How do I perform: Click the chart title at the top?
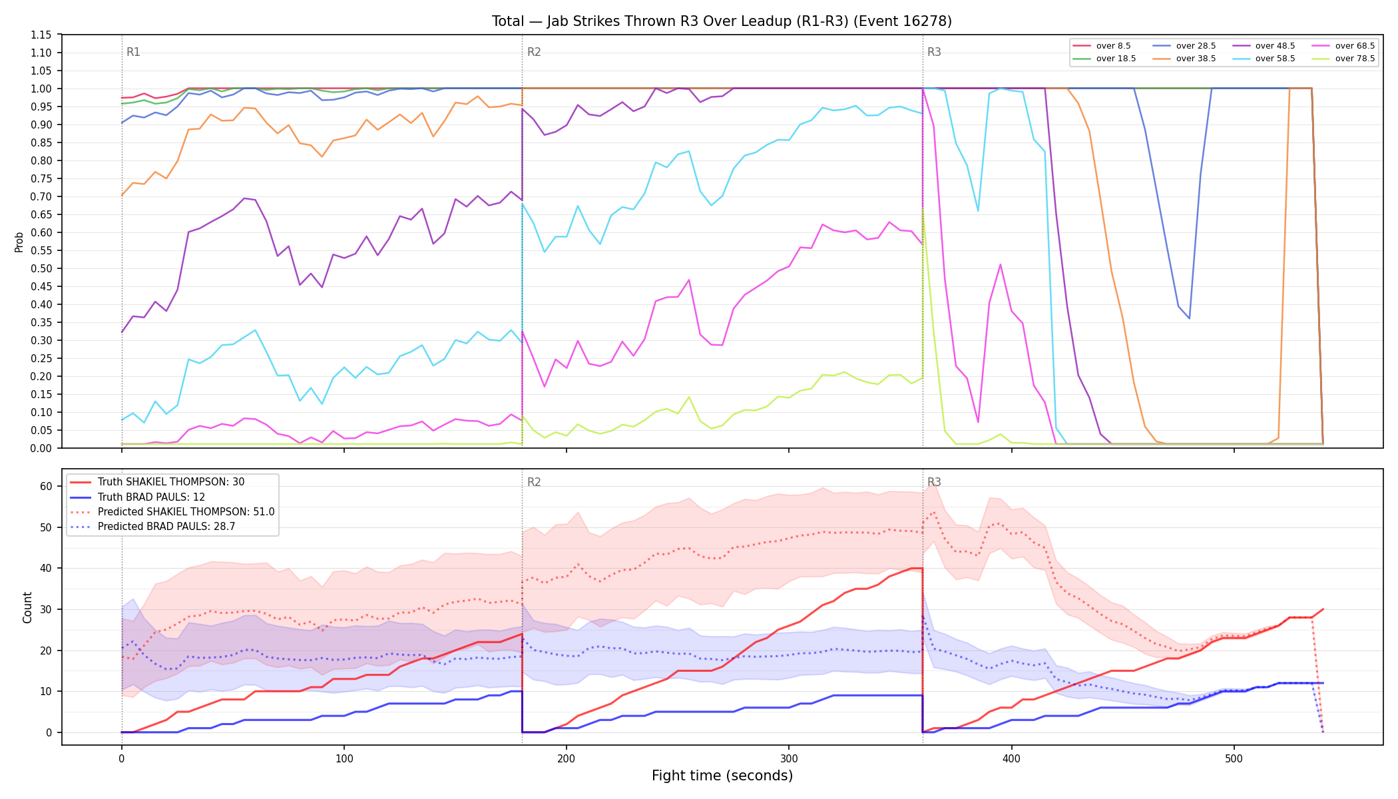coord(722,21)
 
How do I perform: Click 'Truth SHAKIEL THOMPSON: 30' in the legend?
coord(171,482)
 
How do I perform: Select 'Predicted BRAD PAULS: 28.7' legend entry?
coord(166,527)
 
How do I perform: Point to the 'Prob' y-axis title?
coord(19,242)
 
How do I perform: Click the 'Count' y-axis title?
coord(27,607)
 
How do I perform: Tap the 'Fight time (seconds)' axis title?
coord(722,776)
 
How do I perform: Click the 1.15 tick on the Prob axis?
coord(41,35)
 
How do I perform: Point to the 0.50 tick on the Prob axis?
coord(41,268)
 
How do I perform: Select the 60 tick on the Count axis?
coord(46,486)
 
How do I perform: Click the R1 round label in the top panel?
coord(133,52)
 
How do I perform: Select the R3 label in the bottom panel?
coord(934,482)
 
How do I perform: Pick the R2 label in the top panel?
coord(534,52)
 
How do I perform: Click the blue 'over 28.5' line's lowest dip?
coord(1189,318)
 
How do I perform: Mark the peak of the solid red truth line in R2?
coord(917,568)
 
